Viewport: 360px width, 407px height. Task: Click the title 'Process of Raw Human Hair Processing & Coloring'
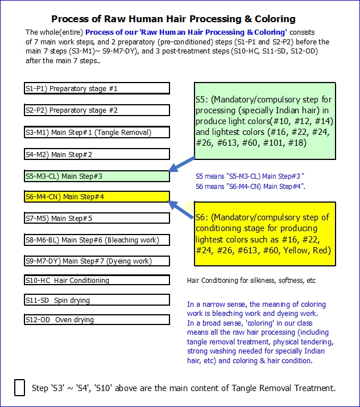pyautogui.click(x=173, y=19)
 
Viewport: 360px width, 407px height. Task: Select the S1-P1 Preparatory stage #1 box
pyautogui.click(x=97, y=88)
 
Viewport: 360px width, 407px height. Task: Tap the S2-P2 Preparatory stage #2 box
pyautogui.click(x=97, y=110)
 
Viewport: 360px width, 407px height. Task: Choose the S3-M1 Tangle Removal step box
pyautogui.click(x=97, y=133)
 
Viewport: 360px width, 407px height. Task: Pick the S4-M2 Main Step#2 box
pyautogui.click(x=97, y=154)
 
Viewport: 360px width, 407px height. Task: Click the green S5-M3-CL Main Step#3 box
pyautogui.click(x=97, y=176)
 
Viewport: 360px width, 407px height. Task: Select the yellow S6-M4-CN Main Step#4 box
pyautogui.click(x=97, y=197)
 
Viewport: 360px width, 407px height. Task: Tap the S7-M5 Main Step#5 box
pyautogui.click(x=97, y=218)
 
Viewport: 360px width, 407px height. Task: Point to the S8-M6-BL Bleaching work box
pyautogui.click(x=97, y=240)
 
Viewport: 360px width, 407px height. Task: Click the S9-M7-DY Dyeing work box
pyautogui.click(x=97, y=261)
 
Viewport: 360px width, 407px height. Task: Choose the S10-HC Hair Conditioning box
pyautogui.click(x=97, y=280)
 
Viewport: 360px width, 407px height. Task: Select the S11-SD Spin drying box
pyautogui.click(x=97, y=300)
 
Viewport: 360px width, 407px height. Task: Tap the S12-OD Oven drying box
pyautogui.click(x=97, y=320)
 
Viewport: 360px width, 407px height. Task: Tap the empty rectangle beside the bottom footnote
pyautogui.click(x=19, y=388)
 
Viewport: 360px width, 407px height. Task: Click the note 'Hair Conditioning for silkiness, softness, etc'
pyautogui.click(x=251, y=281)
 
